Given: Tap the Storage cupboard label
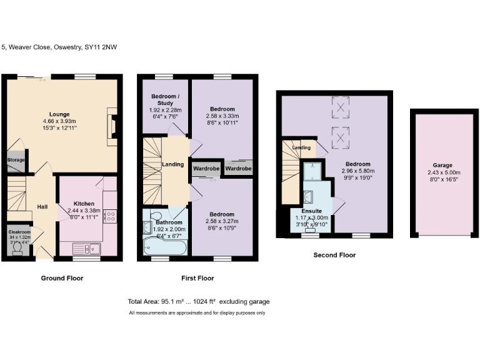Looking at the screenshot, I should click(x=16, y=160).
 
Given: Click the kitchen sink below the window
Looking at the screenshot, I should click(x=86, y=247).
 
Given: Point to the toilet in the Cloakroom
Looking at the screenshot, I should click(x=16, y=249).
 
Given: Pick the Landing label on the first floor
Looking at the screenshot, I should click(x=173, y=164).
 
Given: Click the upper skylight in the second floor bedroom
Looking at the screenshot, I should click(x=341, y=107).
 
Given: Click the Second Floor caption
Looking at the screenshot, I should click(x=335, y=255).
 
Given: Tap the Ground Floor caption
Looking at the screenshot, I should click(x=62, y=278).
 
